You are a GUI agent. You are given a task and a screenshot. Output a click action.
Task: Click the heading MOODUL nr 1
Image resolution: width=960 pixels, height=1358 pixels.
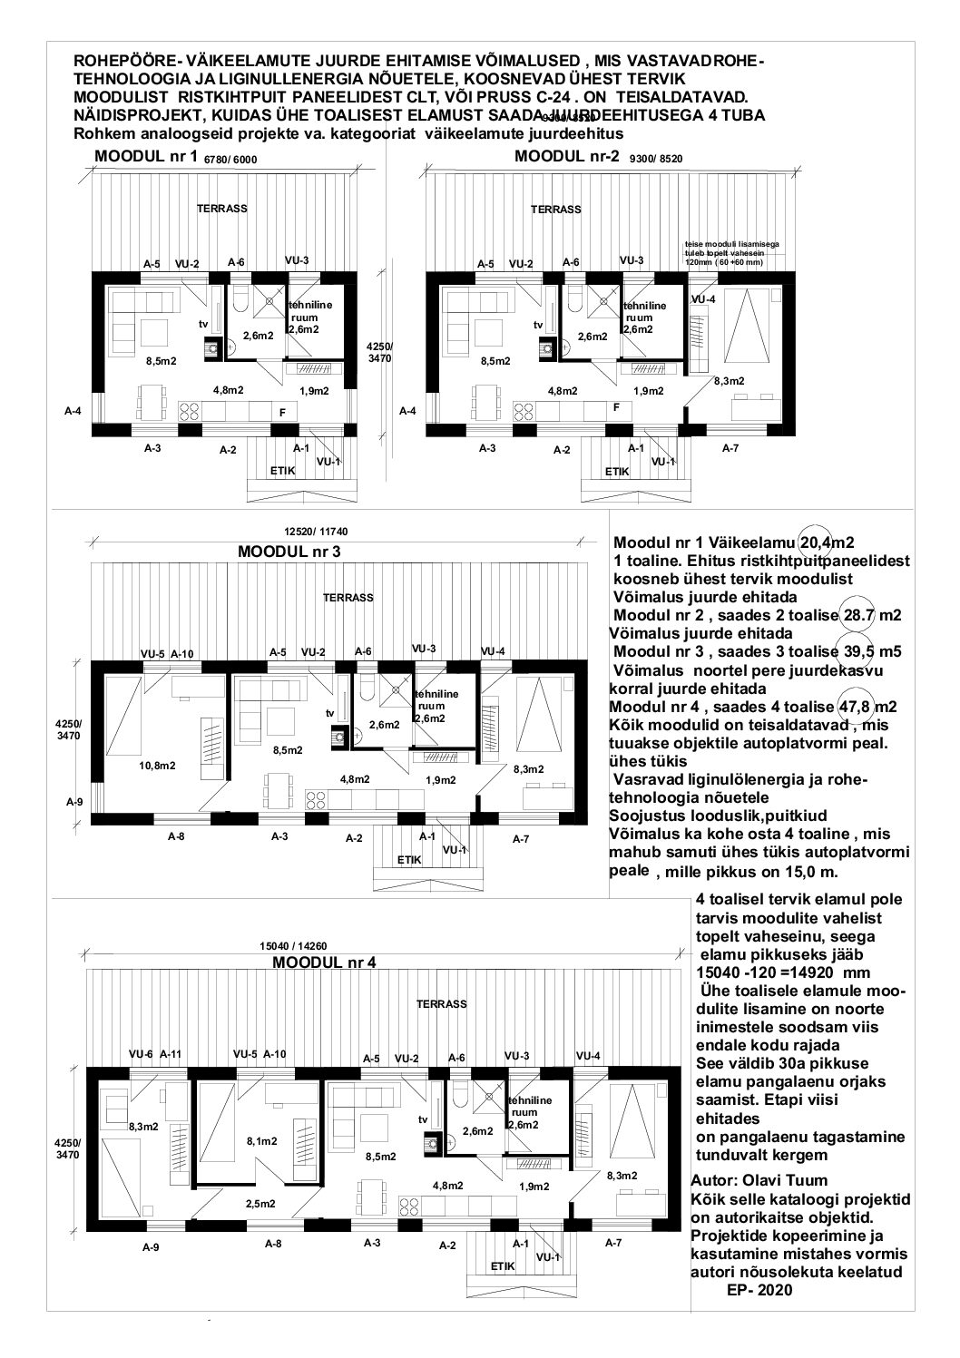(x=146, y=157)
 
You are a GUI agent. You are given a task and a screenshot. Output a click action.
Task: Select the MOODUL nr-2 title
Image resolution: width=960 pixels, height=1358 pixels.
(x=566, y=156)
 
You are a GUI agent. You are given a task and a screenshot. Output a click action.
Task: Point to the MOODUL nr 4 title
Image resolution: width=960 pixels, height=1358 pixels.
(x=323, y=962)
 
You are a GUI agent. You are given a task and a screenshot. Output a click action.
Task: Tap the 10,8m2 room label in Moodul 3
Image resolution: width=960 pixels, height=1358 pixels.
(x=157, y=766)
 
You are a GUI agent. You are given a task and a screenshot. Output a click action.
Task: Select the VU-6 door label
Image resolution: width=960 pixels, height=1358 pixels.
(x=140, y=1054)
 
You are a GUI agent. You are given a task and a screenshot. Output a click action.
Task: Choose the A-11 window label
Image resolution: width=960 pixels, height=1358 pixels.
(x=171, y=1054)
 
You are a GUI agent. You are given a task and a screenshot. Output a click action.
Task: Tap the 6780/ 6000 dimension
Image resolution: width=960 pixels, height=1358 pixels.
(x=231, y=159)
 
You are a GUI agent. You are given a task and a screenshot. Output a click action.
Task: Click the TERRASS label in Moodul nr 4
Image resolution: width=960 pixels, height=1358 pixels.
(x=441, y=1004)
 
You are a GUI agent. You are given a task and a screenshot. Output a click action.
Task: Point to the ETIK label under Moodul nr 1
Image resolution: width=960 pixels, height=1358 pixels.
(x=282, y=471)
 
